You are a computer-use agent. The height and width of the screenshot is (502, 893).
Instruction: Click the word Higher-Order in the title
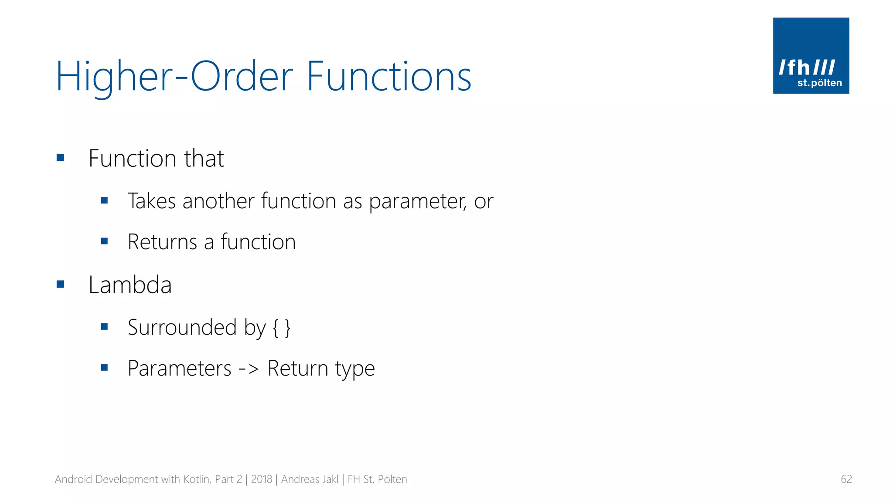(174, 77)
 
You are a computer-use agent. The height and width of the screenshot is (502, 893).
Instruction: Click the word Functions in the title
(389, 77)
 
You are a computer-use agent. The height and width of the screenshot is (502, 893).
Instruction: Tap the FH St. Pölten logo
(811, 56)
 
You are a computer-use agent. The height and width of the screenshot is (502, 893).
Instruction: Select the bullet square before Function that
(60, 158)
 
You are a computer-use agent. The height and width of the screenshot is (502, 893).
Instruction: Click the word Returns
(162, 242)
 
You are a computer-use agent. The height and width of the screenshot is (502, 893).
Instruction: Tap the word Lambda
(130, 285)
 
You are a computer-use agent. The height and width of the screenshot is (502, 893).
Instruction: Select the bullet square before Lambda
(60, 285)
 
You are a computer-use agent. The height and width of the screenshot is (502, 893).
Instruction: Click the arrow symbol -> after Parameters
(249, 369)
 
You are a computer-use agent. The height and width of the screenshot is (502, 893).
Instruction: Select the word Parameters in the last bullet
(179, 369)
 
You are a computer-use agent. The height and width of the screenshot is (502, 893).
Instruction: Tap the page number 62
(846, 479)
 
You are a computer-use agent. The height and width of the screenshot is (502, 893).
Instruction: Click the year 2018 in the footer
(262, 479)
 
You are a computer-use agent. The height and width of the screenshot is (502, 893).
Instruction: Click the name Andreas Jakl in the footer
(310, 479)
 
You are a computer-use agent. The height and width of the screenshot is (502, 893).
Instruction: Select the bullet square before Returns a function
(104, 241)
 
